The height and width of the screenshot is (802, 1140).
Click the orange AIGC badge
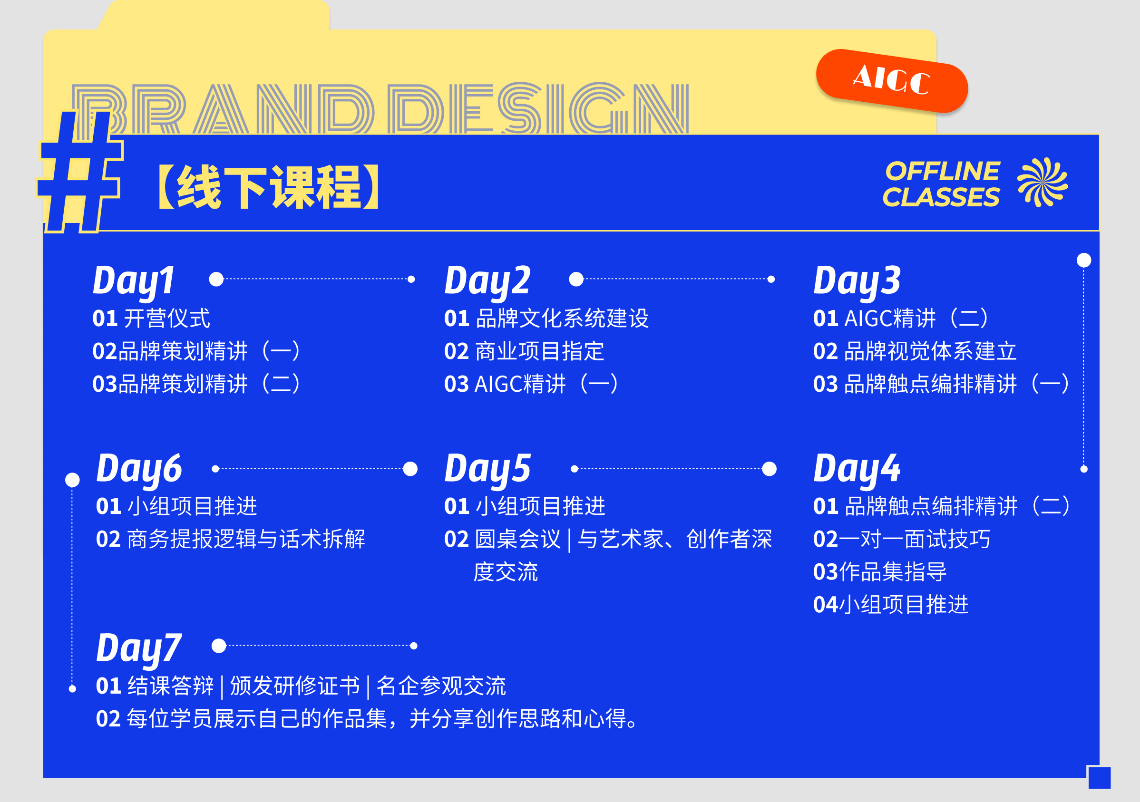coord(892,81)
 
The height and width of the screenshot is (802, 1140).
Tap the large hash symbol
coord(79,171)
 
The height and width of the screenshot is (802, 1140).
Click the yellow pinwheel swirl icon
coord(1042,182)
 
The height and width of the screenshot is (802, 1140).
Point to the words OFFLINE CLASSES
coord(941,184)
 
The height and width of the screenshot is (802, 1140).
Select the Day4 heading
coord(857,470)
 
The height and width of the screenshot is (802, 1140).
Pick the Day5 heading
coord(487,470)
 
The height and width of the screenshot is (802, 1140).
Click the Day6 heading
coord(139,470)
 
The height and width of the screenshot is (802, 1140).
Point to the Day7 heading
coord(139,648)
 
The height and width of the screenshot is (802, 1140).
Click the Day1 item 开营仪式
coord(167,318)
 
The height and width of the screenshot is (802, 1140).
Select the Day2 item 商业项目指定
coord(540,351)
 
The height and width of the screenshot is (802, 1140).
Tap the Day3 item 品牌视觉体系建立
coord(930,351)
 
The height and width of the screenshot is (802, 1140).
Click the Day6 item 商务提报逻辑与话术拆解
coord(246,539)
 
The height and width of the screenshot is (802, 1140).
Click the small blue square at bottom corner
coord(1099,778)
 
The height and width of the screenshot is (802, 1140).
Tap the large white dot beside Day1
coord(216,279)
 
